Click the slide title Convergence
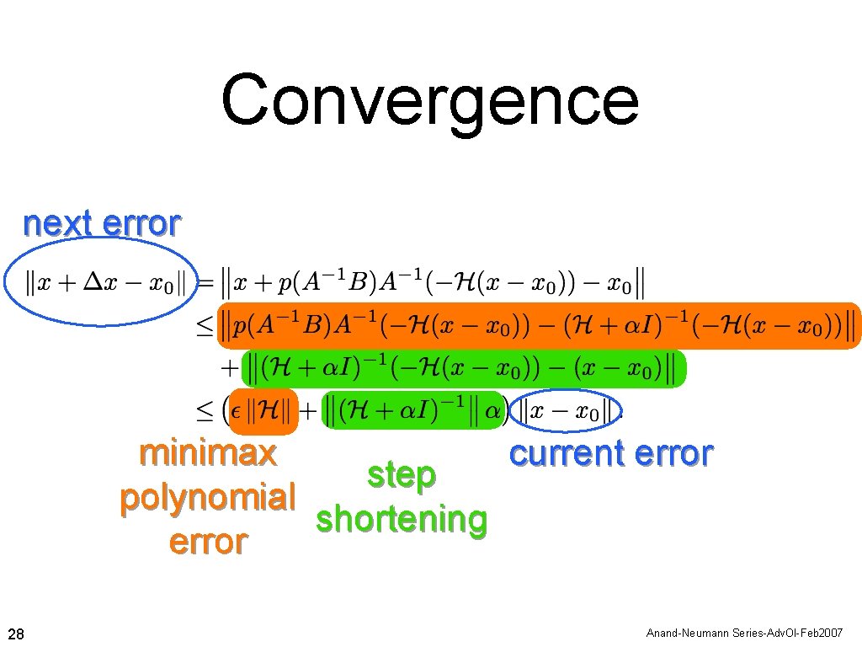pos(430,101)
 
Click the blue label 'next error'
pos(101,224)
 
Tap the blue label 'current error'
pos(611,453)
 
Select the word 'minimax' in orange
pos(208,453)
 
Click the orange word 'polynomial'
pos(207,497)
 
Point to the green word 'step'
pos(402,475)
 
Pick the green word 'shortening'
pos(402,520)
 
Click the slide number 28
pos(16,633)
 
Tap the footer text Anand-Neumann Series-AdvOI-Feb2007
pos(744,633)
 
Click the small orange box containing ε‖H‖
pos(263,412)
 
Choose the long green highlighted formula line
pos(464,369)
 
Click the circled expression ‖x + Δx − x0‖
pos(100,282)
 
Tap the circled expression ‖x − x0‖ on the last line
pos(565,411)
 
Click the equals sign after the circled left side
pos(205,284)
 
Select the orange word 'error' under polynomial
pos(208,542)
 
